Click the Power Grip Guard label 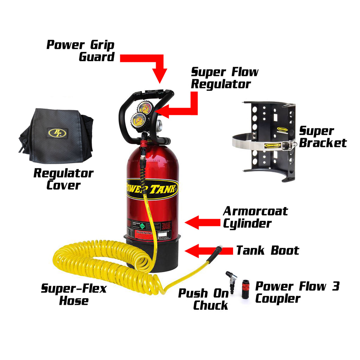[81, 51]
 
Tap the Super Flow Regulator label [224, 78]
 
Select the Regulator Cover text [63, 179]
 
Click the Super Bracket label [322, 136]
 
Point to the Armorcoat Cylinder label [255, 217]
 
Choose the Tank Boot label [267, 250]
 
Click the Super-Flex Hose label [74, 295]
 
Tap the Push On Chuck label [203, 299]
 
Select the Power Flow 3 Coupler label [297, 292]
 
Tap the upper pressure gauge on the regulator [145, 108]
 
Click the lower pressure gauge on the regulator [138, 121]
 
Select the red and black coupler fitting [245, 289]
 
